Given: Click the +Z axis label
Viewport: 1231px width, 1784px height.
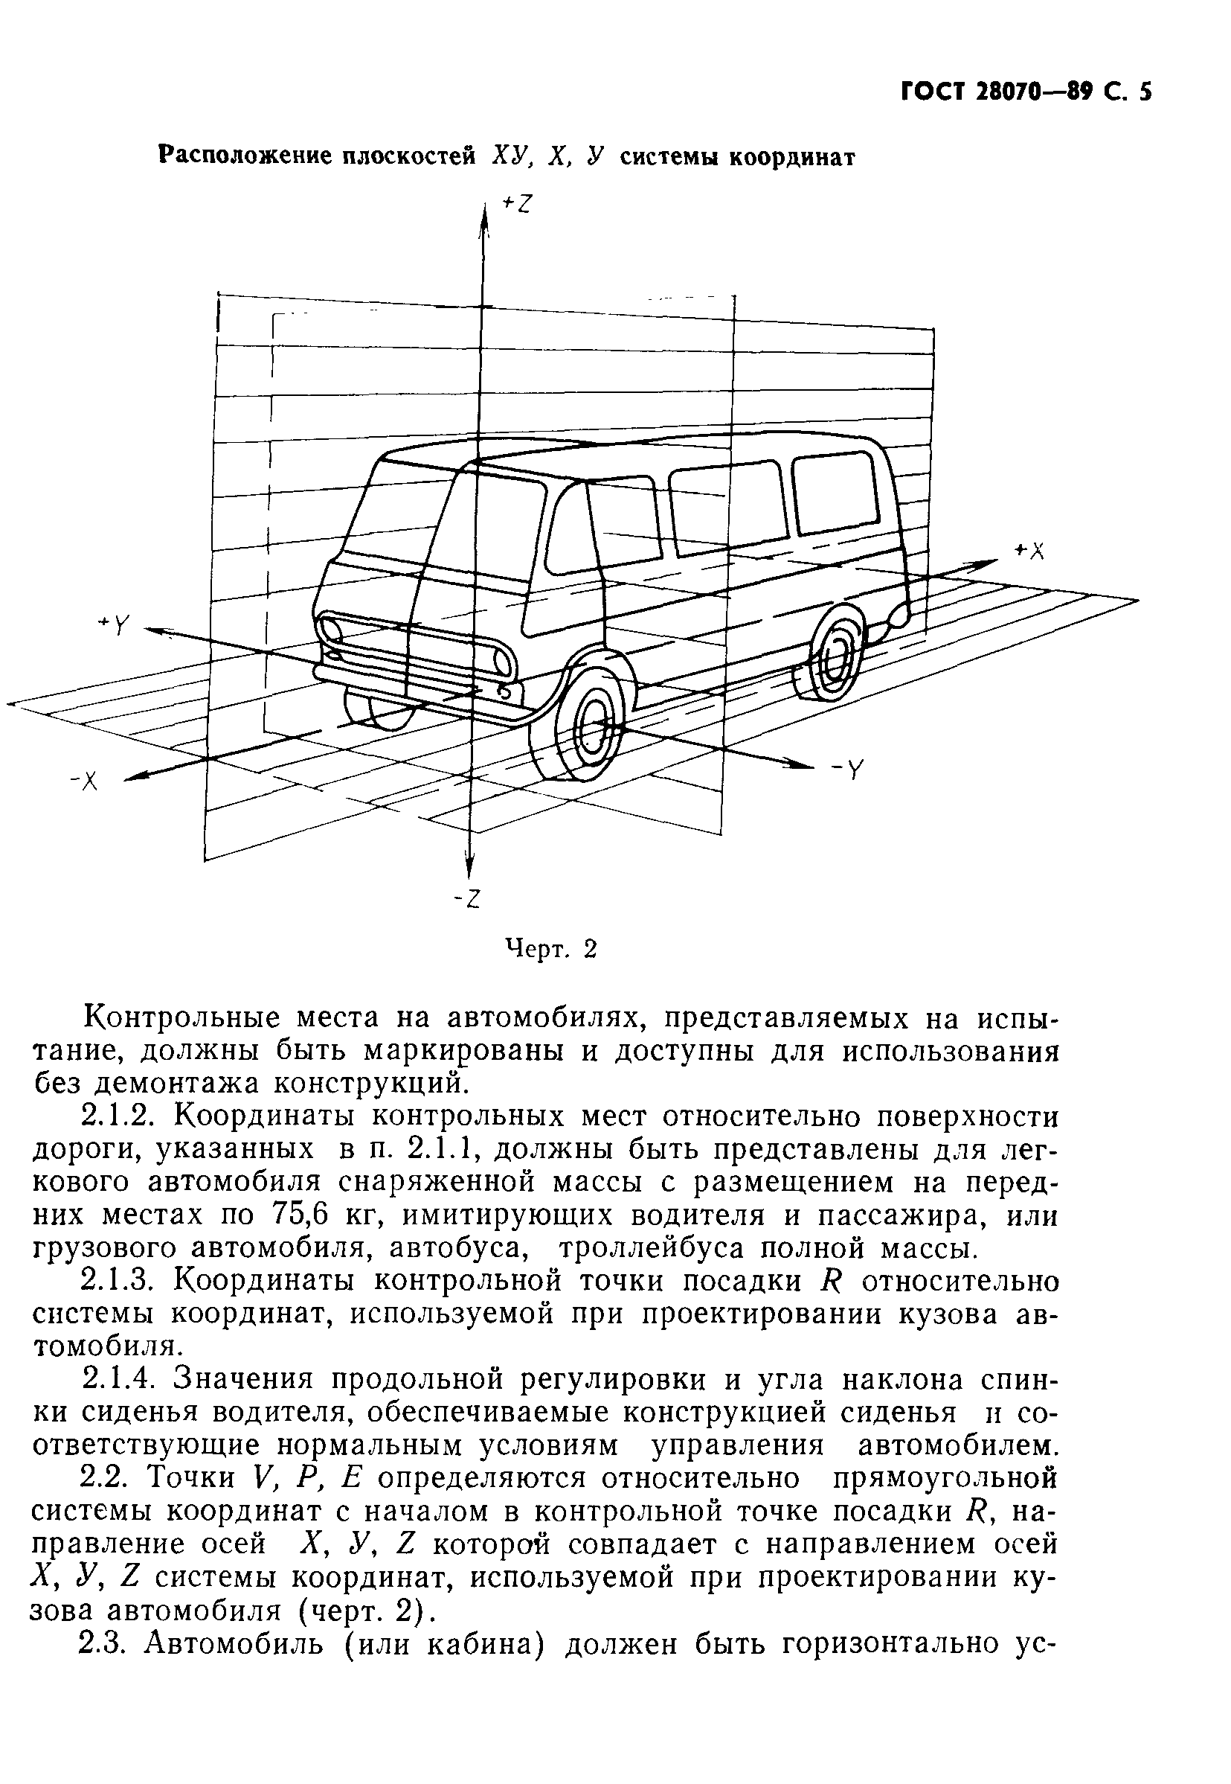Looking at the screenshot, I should (x=518, y=203).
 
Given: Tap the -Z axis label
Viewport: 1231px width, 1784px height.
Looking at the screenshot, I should (x=467, y=898).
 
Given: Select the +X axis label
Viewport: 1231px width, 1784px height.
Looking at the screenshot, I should (x=1029, y=551).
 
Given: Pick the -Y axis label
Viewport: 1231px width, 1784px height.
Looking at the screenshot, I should (x=848, y=770).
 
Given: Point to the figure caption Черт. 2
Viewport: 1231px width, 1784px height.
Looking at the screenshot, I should (x=551, y=948).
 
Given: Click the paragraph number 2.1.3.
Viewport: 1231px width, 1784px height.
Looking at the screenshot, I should (x=117, y=1281).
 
